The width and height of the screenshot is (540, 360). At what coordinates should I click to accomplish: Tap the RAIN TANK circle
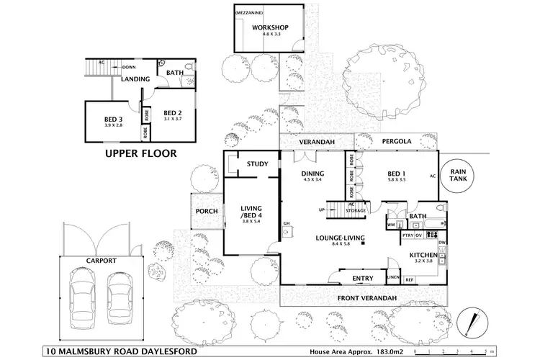459,175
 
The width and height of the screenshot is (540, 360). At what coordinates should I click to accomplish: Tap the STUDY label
257,164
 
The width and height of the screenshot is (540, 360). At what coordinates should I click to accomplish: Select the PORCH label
207,211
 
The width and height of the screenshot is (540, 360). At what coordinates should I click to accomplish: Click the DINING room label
312,173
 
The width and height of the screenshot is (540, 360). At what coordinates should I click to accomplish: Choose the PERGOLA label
397,142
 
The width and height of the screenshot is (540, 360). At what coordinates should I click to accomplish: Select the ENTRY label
362,279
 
